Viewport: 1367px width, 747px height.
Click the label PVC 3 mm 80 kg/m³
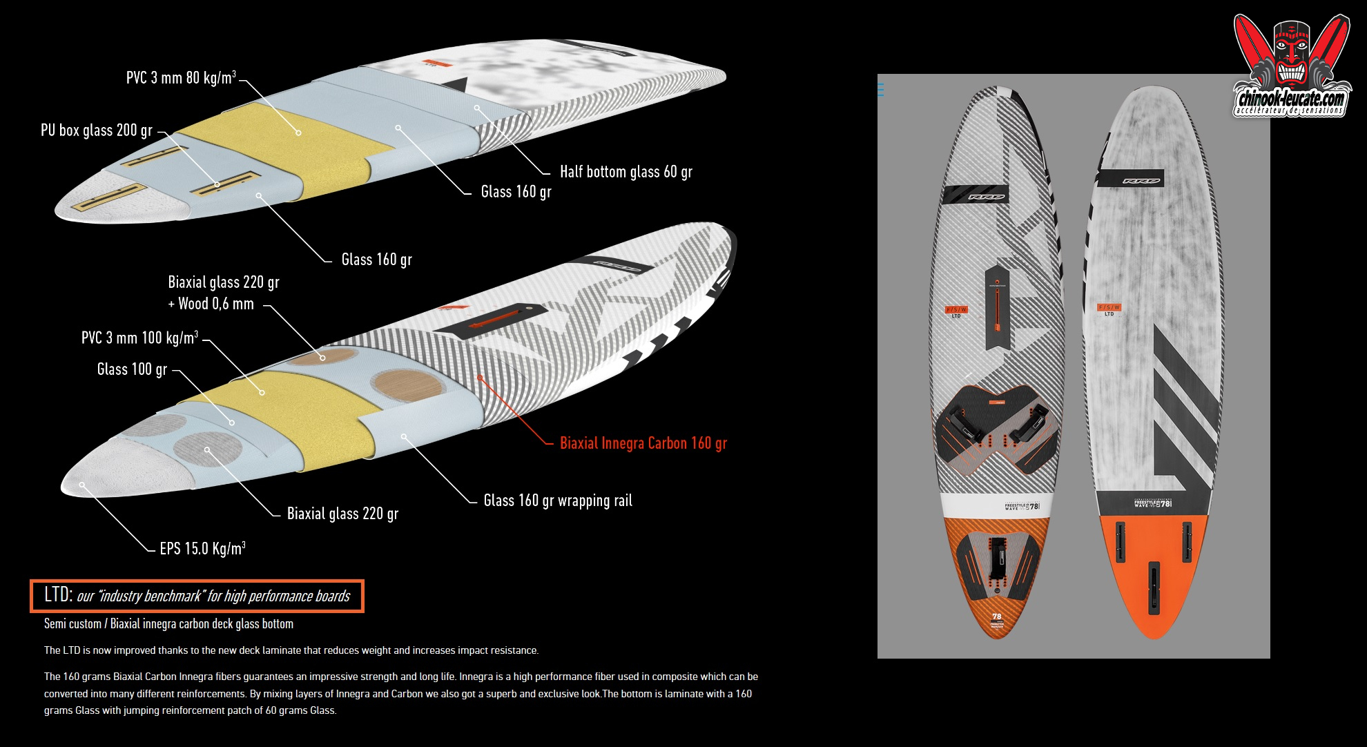[181, 77]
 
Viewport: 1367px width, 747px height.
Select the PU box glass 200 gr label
[97, 130]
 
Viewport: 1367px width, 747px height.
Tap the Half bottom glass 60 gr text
[626, 171]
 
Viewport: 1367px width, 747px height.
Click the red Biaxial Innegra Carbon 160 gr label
[643, 443]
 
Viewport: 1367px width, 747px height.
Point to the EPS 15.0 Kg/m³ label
[202, 548]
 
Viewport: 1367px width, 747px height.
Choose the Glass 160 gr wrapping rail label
[558, 500]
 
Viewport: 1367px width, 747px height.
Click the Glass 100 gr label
[132, 369]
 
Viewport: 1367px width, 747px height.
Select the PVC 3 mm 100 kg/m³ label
[139, 337]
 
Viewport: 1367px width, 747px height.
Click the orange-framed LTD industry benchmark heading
[197, 596]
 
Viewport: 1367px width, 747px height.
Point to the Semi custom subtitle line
[168, 623]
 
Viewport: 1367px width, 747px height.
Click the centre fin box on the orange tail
[1154, 588]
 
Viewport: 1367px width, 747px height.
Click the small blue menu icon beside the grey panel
[880, 89]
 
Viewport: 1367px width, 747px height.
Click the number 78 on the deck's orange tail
[996, 617]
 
